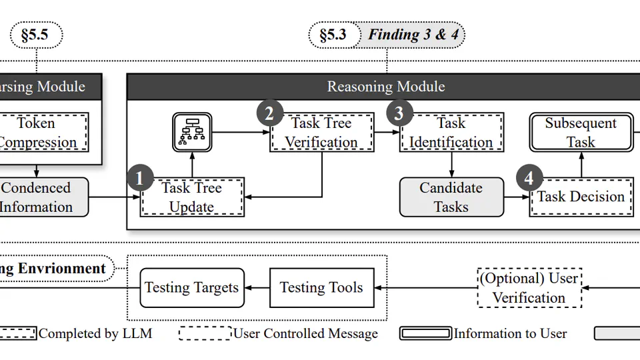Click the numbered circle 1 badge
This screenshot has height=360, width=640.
pyautogui.click(x=140, y=178)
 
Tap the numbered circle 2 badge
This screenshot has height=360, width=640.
pyautogui.click(x=269, y=113)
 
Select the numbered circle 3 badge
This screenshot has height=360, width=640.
pyautogui.click(x=399, y=113)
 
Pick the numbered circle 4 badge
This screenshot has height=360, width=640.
pyautogui.click(x=529, y=178)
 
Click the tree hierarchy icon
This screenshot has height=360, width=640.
pyautogui.click(x=191, y=132)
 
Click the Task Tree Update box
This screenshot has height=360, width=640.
pyautogui.click(x=192, y=197)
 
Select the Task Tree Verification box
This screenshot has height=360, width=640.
pyautogui.click(x=322, y=132)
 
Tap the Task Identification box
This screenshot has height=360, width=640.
pyautogui.click(x=451, y=132)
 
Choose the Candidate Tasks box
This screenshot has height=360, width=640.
pyautogui.click(x=451, y=197)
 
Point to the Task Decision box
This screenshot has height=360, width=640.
pyautogui.click(x=581, y=197)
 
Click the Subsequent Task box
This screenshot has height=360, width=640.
pyautogui.click(x=581, y=132)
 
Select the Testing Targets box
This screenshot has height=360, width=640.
pyautogui.click(x=192, y=288)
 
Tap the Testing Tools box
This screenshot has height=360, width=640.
pyautogui.click(x=321, y=288)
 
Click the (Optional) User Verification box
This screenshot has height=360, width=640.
pyautogui.click(x=529, y=288)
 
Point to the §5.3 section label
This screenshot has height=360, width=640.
pyautogui.click(x=333, y=35)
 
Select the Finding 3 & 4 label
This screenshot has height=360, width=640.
pyautogui.click(x=413, y=35)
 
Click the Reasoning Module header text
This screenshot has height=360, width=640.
pyautogui.click(x=386, y=87)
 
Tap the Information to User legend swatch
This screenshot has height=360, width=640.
pyautogui.click(x=425, y=333)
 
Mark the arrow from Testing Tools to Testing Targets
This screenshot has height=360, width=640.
pyautogui.click(x=257, y=288)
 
